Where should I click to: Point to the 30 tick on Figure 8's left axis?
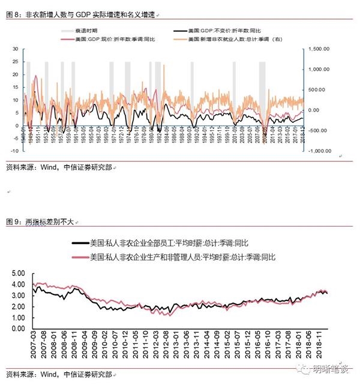pos(16,50)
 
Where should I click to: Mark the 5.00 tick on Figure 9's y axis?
pos(19,273)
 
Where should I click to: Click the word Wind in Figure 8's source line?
pos(49,167)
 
